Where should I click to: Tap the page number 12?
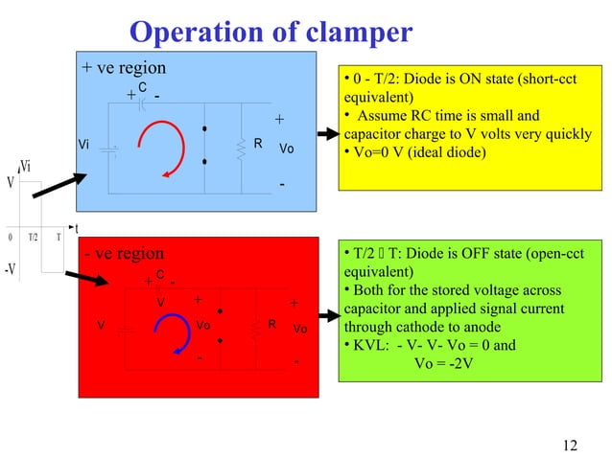tap(571, 445)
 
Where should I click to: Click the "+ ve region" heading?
tap(124, 68)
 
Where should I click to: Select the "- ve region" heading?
tap(123, 254)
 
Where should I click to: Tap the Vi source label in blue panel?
tap(84, 146)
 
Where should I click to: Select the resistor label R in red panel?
tap(272, 325)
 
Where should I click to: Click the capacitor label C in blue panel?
tap(142, 87)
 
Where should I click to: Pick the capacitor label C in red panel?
tap(160, 275)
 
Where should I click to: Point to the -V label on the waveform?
tap(11, 269)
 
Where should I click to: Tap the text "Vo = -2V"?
tap(442, 363)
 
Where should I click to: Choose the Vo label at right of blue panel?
tap(286, 150)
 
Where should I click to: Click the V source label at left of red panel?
tap(100, 325)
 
